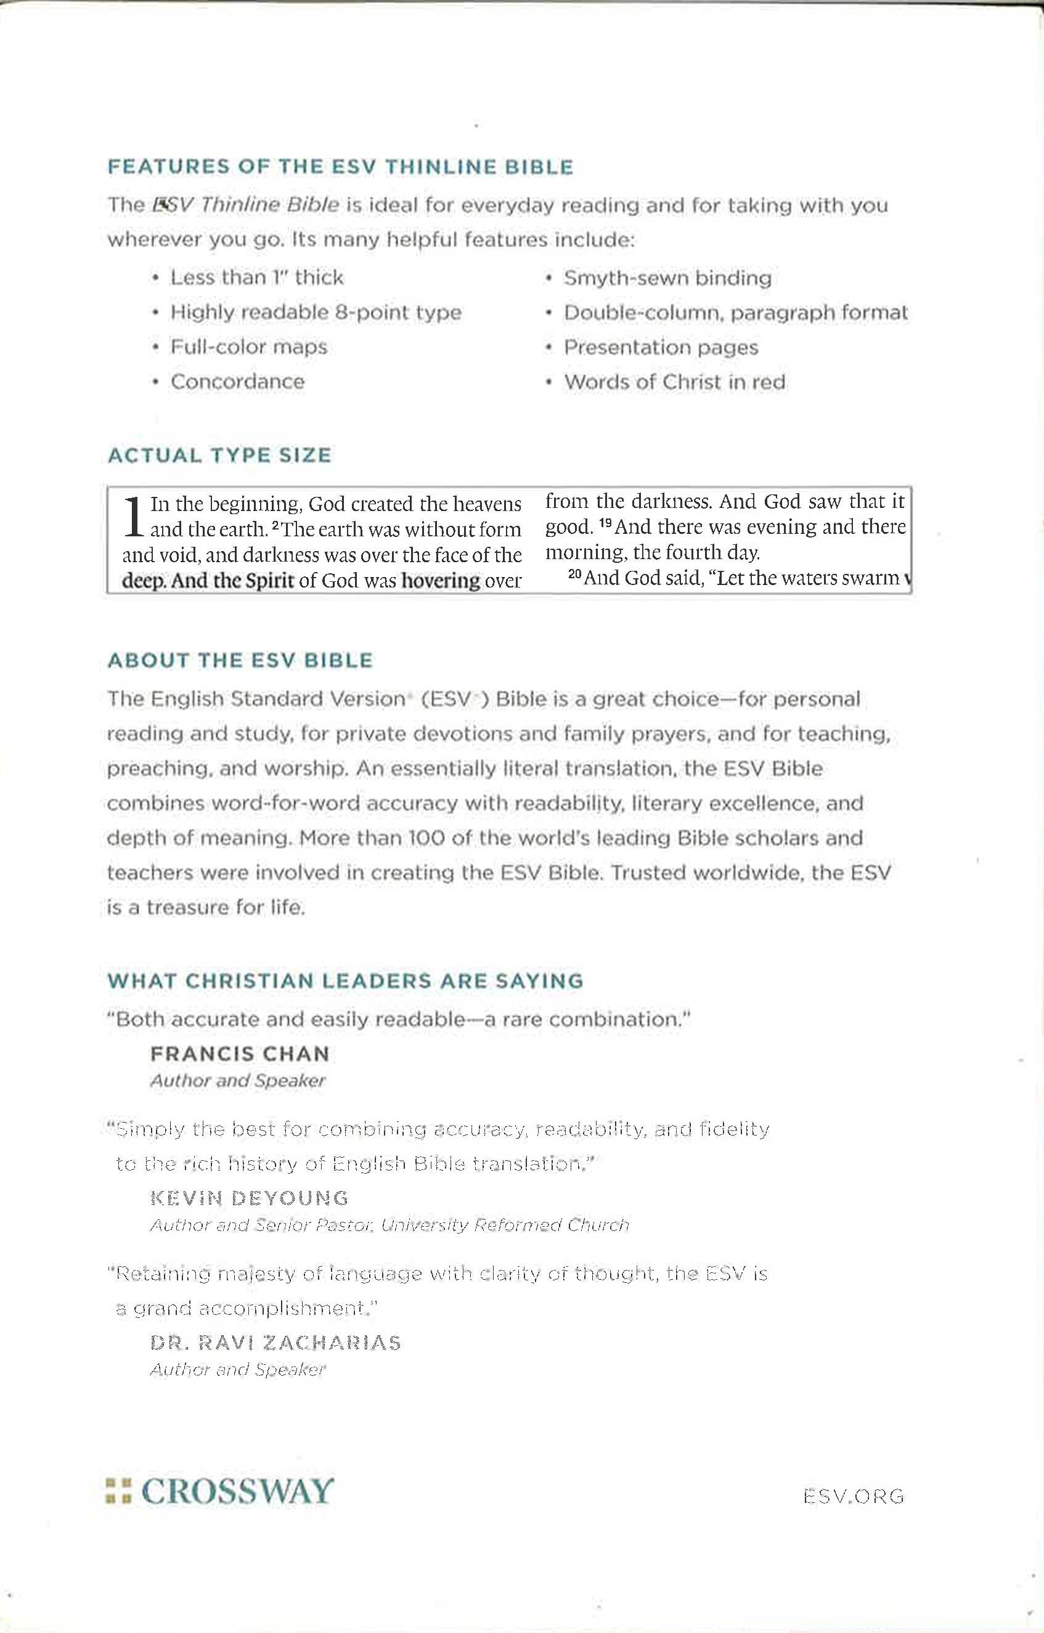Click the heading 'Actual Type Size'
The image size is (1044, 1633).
point(219,455)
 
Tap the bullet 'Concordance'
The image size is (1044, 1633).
point(237,382)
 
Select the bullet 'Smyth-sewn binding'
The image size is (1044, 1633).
point(667,278)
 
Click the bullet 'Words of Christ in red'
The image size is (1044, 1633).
point(674,382)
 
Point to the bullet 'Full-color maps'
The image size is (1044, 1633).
point(249,347)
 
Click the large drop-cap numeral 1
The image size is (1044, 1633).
point(134,517)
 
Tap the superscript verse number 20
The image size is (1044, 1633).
point(575,575)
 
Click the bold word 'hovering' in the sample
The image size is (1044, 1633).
point(441,581)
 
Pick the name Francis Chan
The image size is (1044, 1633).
point(240,1054)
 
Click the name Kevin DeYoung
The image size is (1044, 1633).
point(250,1198)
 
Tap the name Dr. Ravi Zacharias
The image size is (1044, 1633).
point(275,1343)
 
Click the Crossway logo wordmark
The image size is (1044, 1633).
point(237,1491)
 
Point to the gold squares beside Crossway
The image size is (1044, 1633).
point(118,1492)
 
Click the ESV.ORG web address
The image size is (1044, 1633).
point(854,1497)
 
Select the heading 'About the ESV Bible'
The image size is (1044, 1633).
point(240,660)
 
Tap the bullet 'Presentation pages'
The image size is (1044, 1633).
point(661,347)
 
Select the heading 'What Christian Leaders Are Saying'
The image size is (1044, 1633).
point(345,981)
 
